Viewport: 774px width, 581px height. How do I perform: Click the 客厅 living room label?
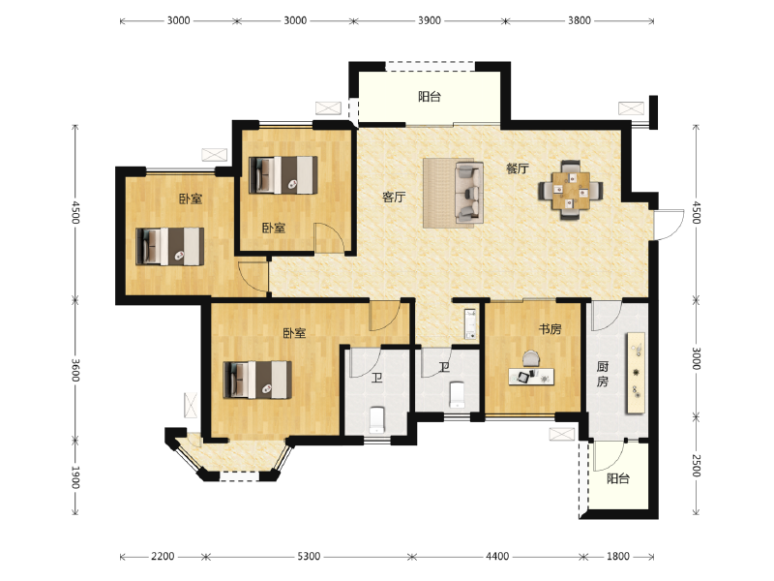[x=393, y=198]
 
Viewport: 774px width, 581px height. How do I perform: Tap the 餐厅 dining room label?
[x=517, y=168]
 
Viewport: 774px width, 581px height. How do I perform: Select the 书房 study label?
[x=550, y=329]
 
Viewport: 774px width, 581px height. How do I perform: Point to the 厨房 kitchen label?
[x=602, y=374]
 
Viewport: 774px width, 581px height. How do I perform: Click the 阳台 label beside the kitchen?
[x=617, y=478]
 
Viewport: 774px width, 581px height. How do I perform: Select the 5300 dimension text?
[x=307, y=556]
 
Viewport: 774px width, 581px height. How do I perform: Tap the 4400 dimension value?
[x=496, y=556]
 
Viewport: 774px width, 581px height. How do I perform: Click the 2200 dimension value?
[x=163, y=556]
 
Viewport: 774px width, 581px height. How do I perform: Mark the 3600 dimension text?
[x=74, y=369]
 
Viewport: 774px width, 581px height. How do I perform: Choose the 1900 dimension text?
[x=74, y=476]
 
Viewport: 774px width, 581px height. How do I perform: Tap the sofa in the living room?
[x=468, y=192]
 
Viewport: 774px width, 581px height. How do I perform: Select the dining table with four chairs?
[x=571, y=190]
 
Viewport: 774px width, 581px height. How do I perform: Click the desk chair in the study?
[x=528, y=357]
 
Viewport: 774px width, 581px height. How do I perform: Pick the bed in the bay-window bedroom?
[x=257, y=380]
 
